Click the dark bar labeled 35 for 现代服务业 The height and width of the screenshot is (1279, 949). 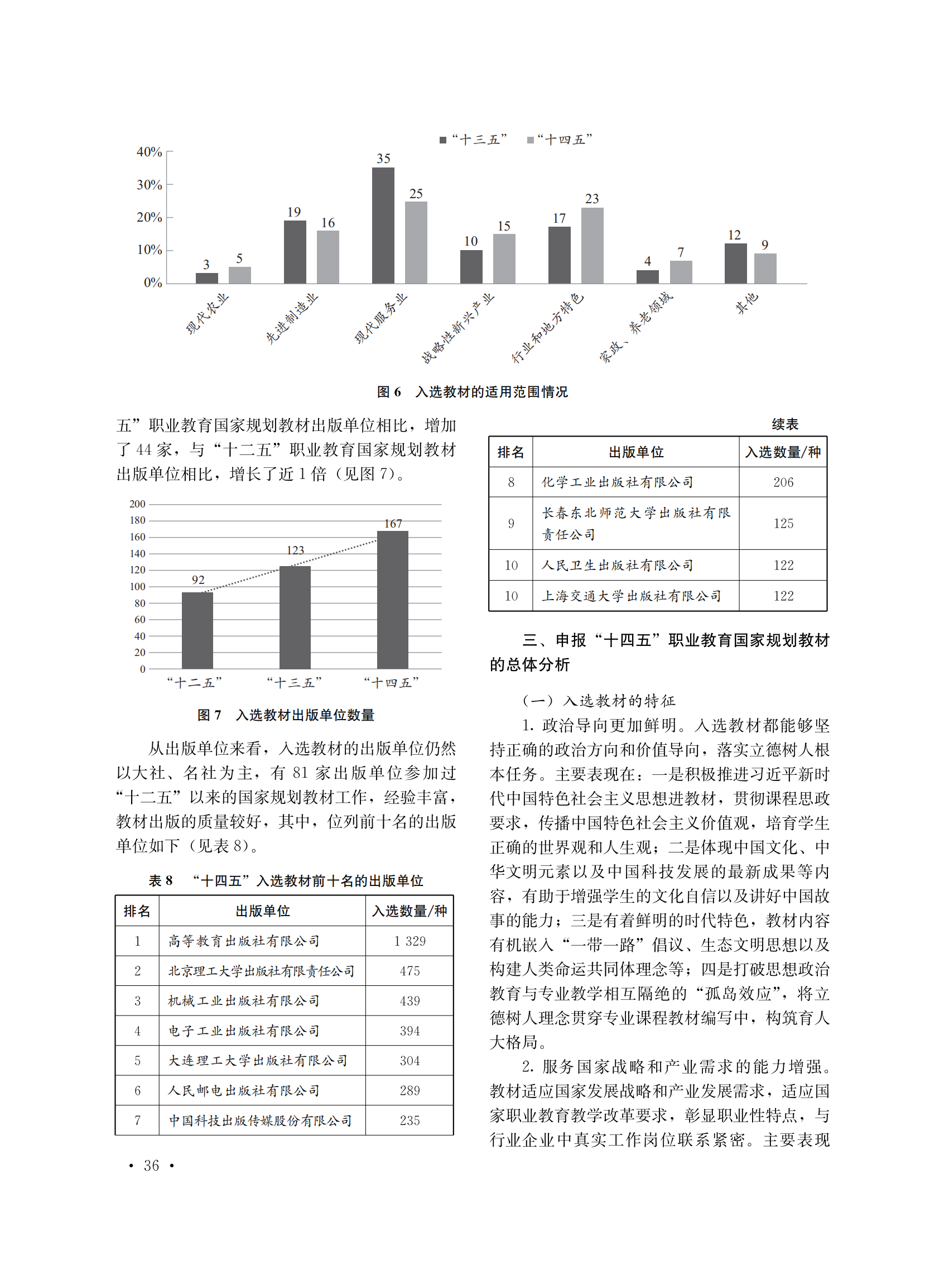383,226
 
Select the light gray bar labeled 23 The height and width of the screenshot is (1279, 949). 592,246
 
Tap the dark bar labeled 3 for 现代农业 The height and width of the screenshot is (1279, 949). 207,278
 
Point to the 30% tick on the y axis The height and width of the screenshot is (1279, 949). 150,185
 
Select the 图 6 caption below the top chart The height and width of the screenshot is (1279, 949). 472,392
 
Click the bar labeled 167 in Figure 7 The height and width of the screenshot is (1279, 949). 392,600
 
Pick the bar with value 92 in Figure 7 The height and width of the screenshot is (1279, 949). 197,630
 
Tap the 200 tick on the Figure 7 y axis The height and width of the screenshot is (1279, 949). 137,504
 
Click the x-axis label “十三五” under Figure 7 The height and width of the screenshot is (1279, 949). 294,683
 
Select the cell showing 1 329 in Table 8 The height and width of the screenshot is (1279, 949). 410,941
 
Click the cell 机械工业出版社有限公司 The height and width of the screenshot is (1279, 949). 244,1001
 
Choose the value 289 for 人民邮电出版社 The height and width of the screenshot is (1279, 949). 410,1090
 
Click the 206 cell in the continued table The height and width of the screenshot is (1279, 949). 783,482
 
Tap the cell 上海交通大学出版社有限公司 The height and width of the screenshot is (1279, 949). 631,596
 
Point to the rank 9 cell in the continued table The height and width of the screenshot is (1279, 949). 510,524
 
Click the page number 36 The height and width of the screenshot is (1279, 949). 151,1165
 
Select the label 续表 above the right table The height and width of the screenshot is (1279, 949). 785,425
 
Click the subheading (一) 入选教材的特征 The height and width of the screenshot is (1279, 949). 598,701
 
